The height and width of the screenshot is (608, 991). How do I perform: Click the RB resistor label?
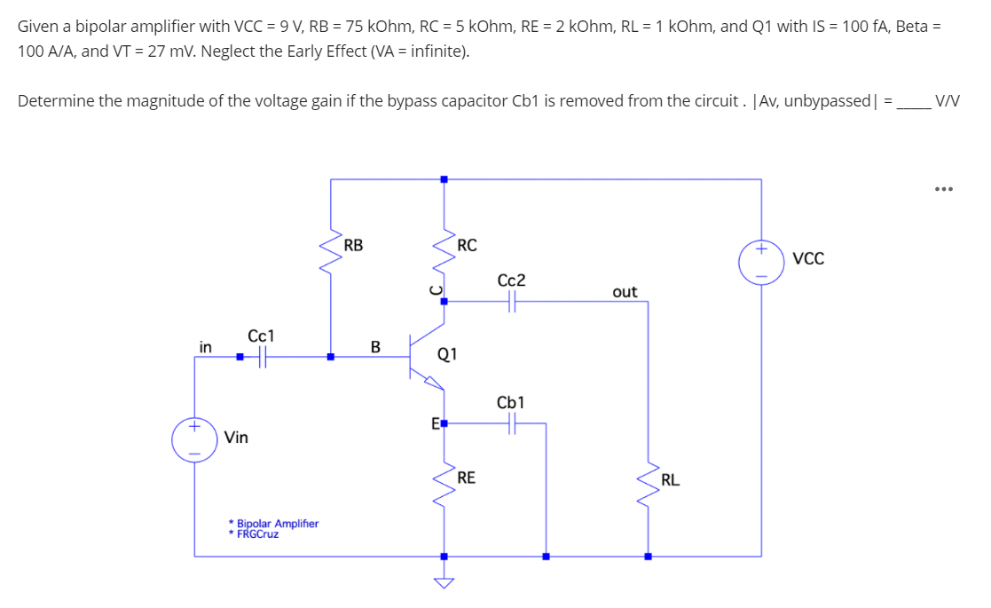353,245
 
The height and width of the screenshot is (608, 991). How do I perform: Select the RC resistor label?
468,245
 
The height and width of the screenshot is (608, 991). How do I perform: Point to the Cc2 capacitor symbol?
512,302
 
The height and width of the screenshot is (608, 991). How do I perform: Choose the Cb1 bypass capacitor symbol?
512,424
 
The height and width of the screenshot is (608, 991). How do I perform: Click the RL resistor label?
671,480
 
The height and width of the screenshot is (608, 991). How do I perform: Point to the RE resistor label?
467,478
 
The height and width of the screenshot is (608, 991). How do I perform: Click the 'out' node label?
625,292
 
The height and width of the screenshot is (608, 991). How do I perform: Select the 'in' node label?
205,347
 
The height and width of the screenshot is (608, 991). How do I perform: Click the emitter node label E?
435,424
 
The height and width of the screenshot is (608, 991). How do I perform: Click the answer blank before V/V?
913,101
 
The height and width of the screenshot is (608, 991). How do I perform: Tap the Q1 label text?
447,355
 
